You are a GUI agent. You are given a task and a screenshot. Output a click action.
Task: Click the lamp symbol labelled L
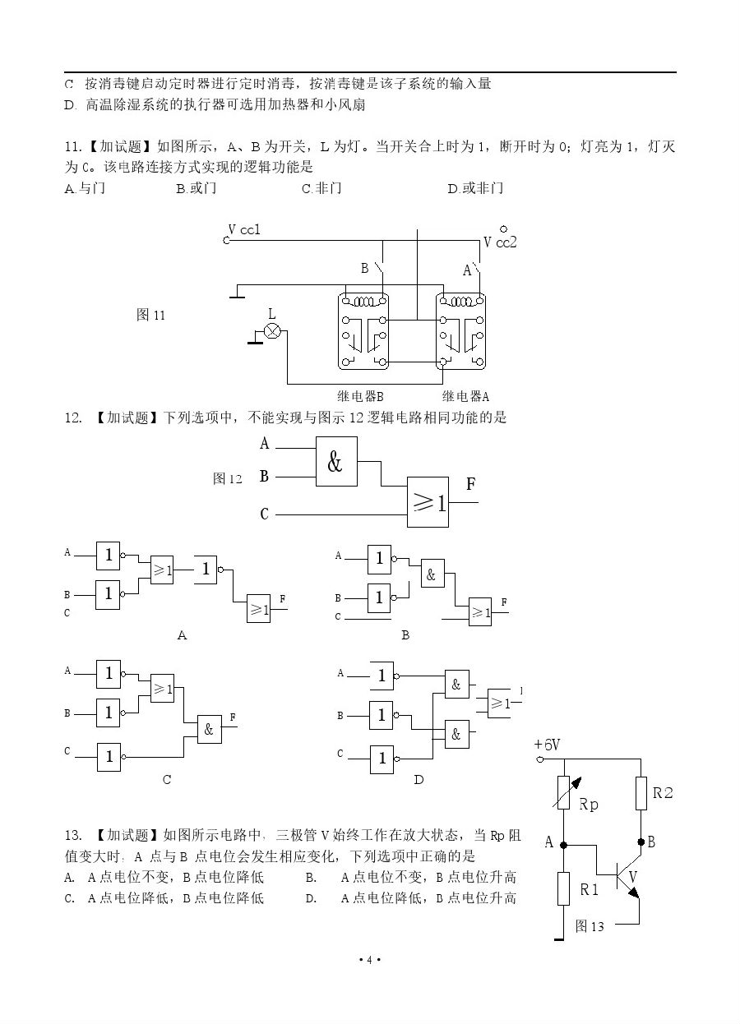pyautogui.click(x=272, y=331)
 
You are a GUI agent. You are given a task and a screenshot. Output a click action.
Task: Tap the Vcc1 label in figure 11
pyautogui.click(x=244, y=230)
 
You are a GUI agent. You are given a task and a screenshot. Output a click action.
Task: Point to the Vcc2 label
pyautogui.click(x=500, y=242)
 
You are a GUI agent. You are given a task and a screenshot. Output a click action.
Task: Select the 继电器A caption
pyautogui.click(x=465, y=395)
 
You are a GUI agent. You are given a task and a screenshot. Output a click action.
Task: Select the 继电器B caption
pyautogui.click(x=355, y=395)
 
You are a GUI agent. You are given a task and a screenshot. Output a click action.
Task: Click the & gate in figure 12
pyautogui.click(x=336, y=462)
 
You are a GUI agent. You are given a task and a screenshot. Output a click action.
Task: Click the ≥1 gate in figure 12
pyautogui.click(x=428, y=502)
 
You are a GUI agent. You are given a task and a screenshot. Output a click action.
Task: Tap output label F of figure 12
pyautogui.click(x=470, y=485)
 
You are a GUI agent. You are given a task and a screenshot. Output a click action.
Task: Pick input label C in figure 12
pyautogui.click(x=264, y=514)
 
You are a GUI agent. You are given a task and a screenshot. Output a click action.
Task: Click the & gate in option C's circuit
pyautogui.click(x=209, y=729)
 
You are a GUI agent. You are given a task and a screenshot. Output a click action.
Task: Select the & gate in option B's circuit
pyautogui.click(x=431, y=575)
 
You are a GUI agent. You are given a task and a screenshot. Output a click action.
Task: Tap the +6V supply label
pyautogui.click(x=547, y=745)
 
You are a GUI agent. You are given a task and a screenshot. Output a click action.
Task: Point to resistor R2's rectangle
pyautogui.click(x=641, y=794)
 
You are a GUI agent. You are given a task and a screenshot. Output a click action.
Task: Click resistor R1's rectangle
pyautogui.click(x=563, y=889)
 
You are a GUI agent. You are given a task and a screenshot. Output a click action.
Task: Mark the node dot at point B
pyautogui.click(x=641, y=842)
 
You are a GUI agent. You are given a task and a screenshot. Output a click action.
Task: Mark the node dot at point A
pyautogui.click(x=563, y=844)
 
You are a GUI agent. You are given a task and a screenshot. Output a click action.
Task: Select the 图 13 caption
pyautogui.click(x=590, y=927)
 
